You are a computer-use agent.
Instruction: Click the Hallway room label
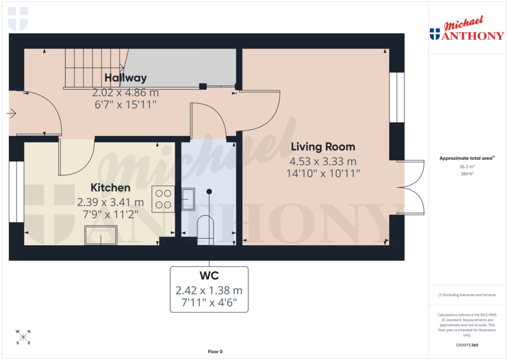pyautogui.click(x=126, y=78)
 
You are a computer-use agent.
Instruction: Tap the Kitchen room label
pyautogui.click(x=110, y=188)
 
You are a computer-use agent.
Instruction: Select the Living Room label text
pyautogui.click(x=322, y=147)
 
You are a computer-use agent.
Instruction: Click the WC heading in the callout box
pyautogui.click(x=208, y=275)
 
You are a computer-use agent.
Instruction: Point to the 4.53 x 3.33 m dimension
pyautogui.click(x=322, y=161)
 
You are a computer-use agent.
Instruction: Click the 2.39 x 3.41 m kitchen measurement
pyautogui.click(x=110, y=202)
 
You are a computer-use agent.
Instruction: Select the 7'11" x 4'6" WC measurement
pyautogui.click(x=208, y=303)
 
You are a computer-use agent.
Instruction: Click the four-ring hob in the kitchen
pyautogui.click(x=163, y=199)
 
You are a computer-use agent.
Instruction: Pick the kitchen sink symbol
pyautogui.click(x=101, y=235)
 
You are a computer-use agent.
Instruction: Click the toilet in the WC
pyautogui.click(x=205, y=230)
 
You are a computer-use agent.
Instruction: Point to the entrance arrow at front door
pyautogui.click(x=11, y=114)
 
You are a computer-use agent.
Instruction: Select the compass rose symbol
pyautogui.click(x=23, y=337)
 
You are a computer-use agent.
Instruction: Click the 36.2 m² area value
pyautogui.click(x=467, y=167)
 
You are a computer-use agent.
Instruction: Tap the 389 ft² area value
pyautogui.click(x=467, y=174)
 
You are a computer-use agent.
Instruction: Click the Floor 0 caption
pyautogui.click(x=215, y=352)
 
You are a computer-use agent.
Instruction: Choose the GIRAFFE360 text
pyautogui.click(x=468, y=345)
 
